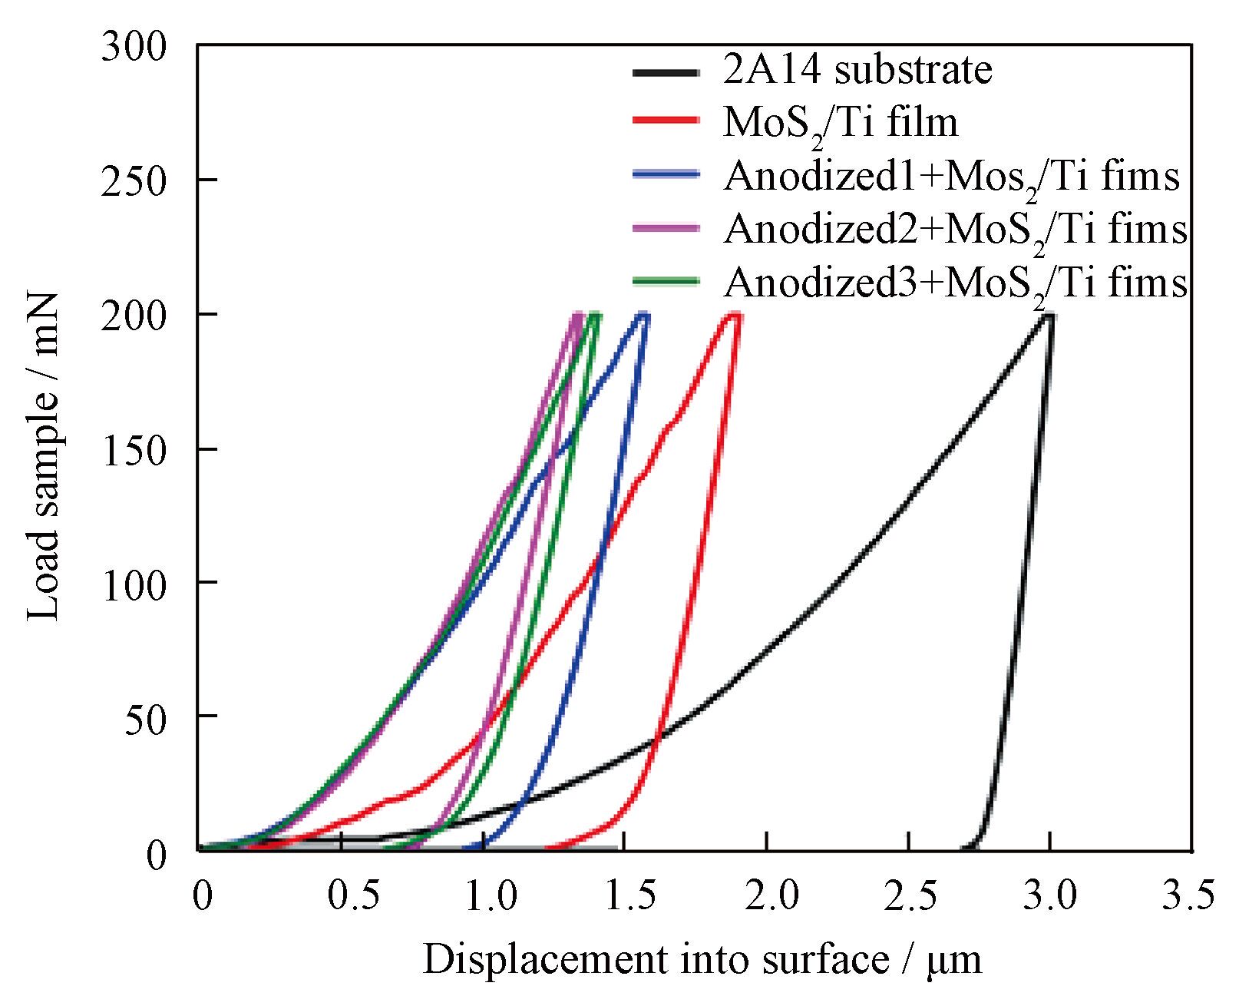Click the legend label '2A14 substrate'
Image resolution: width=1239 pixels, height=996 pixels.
[857, 70]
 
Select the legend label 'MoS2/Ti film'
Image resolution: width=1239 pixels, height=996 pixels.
[841, 124]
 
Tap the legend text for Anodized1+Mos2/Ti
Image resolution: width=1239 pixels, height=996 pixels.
[951, 177]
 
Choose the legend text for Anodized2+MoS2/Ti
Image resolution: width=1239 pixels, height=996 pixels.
[955, 229]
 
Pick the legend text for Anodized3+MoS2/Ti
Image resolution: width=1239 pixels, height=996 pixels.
[955, 283]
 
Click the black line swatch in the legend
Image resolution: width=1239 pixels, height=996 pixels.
[666, 72]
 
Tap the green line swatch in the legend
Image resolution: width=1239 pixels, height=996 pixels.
[666, 281]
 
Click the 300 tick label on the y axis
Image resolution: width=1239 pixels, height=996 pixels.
[133, 48]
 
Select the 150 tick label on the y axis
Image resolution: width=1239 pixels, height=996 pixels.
[133, 450]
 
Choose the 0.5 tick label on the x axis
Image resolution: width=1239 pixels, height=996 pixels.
[342, 897]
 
